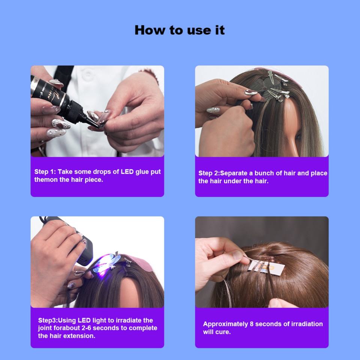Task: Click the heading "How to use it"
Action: point(180,30)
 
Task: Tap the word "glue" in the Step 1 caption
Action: point(142,172)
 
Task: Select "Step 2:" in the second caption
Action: point(209,173)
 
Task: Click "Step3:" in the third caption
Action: point(48,320)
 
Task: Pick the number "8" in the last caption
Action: point(252,324)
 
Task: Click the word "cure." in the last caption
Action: point(223,332)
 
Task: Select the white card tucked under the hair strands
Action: point(267,267)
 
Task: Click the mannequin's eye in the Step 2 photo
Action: point(298,137)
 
